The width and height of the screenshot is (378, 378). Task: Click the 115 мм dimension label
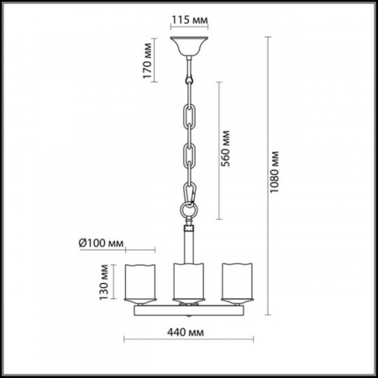(x=190, y=20)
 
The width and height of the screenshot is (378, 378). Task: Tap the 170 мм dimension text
(x=148, y=60)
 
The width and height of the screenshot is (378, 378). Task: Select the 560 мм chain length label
(x=225, y=149)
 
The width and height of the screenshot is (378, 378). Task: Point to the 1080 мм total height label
(x=275, y=172)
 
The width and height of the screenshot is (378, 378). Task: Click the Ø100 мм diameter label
(x=101, y=243)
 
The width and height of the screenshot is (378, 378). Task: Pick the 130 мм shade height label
(x=104, y=282)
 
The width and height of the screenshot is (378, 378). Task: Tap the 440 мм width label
(x=186, y=333)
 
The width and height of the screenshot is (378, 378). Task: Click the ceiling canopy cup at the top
(x=189, y=46)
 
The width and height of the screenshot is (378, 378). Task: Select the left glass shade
(x=140, y=283)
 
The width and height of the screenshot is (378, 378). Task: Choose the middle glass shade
(x=188, y=283)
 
